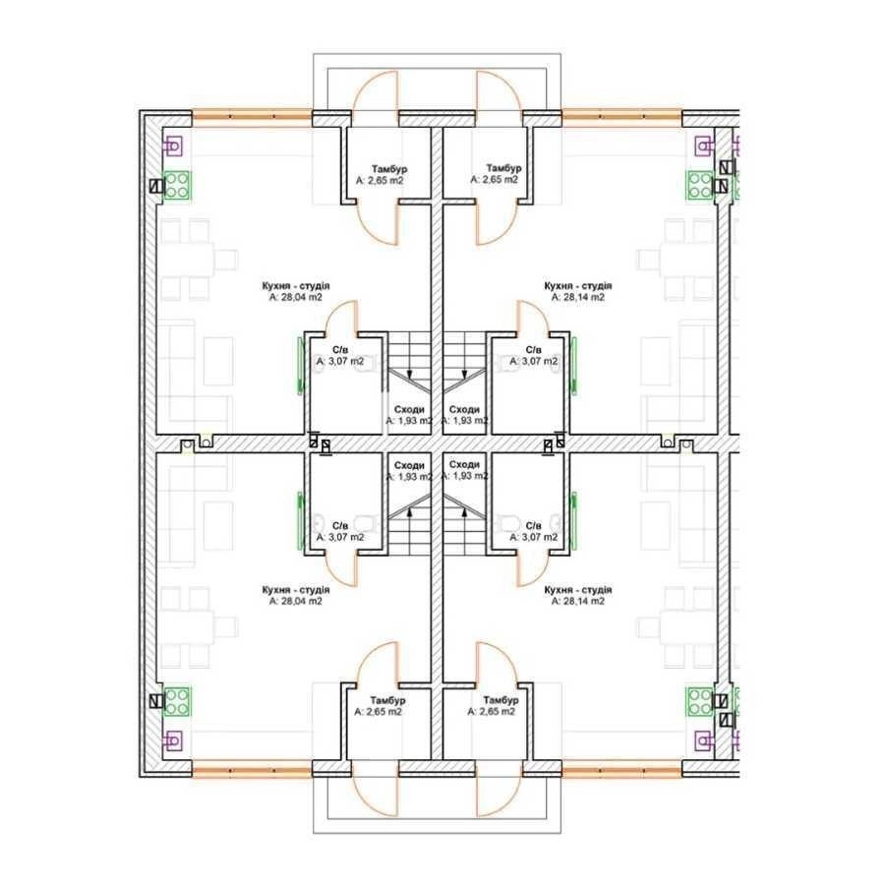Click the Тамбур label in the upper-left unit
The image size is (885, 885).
389,169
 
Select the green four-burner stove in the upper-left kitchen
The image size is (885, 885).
177,186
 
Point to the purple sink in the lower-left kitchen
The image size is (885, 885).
173,738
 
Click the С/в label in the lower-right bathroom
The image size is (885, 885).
533,526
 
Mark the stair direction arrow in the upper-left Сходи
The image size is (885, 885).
410,373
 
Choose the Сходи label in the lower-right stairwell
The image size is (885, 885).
464,464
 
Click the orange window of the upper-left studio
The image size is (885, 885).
252,117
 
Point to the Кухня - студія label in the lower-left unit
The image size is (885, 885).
296,590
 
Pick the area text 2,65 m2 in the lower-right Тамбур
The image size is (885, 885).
492,712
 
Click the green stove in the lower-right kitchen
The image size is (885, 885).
700,701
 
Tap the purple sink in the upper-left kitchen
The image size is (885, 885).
173,147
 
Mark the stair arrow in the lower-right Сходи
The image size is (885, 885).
465,512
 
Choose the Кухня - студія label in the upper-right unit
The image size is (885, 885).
578,286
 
